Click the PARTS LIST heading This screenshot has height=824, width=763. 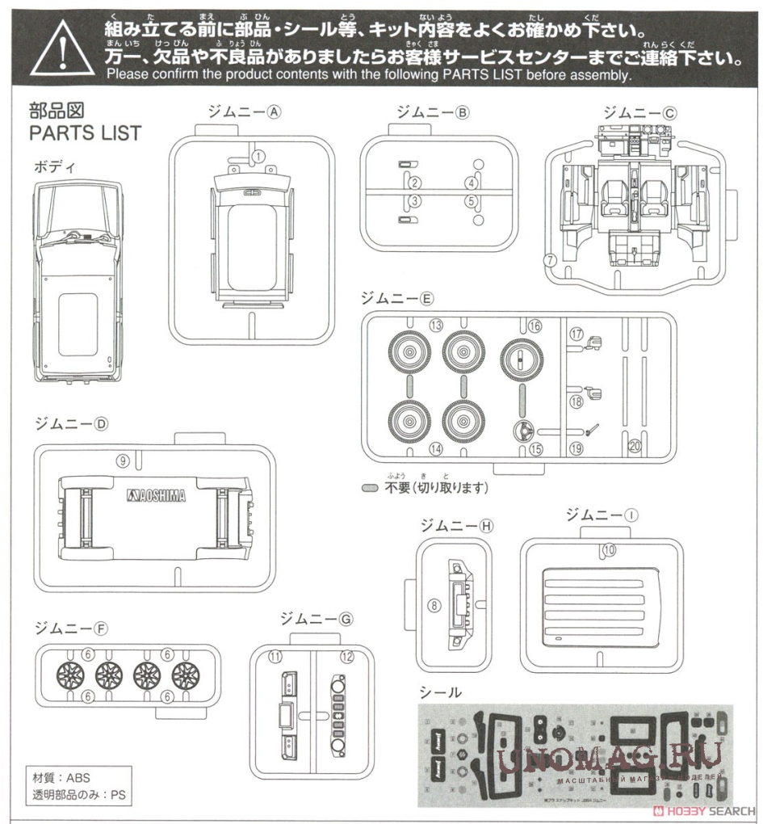tap(85, 132)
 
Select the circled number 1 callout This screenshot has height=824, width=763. tap(258, 156)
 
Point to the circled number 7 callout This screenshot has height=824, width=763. tap(549, 260)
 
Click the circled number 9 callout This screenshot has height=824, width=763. tap(123, 460)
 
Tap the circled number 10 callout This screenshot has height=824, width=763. tap(609, 549)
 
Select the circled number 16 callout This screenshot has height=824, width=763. tap(535, 326)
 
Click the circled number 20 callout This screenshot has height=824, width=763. tap(634, 446)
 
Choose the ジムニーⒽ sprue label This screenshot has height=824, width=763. tap(456, 525)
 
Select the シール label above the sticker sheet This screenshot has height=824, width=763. tap(440, 692)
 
